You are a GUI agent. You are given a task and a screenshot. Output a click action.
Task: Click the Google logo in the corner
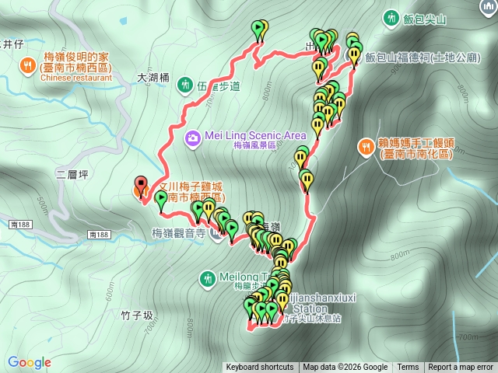pos(30,362)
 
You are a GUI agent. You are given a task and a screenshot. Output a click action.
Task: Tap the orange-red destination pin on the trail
pos(141,186)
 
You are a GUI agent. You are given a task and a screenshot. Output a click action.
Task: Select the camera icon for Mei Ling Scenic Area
pos(192,138)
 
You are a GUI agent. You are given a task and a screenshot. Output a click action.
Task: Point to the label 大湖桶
pos(153,78)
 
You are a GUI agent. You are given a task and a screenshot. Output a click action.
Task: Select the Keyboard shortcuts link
pos(260,368)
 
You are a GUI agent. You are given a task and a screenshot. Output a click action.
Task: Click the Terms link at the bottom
pos(408,368)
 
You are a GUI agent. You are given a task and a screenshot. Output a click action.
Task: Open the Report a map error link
pos(461,368)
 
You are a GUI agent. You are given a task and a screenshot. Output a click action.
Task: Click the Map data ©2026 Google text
pos(345,368)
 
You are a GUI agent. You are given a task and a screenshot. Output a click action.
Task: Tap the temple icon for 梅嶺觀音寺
pos(217,237)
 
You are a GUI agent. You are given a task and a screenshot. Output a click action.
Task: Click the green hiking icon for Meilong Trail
pos(207,277)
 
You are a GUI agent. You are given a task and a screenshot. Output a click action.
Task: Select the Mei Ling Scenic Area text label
pos(256,135)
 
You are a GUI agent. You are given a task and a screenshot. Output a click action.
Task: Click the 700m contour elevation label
pos(467,337)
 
